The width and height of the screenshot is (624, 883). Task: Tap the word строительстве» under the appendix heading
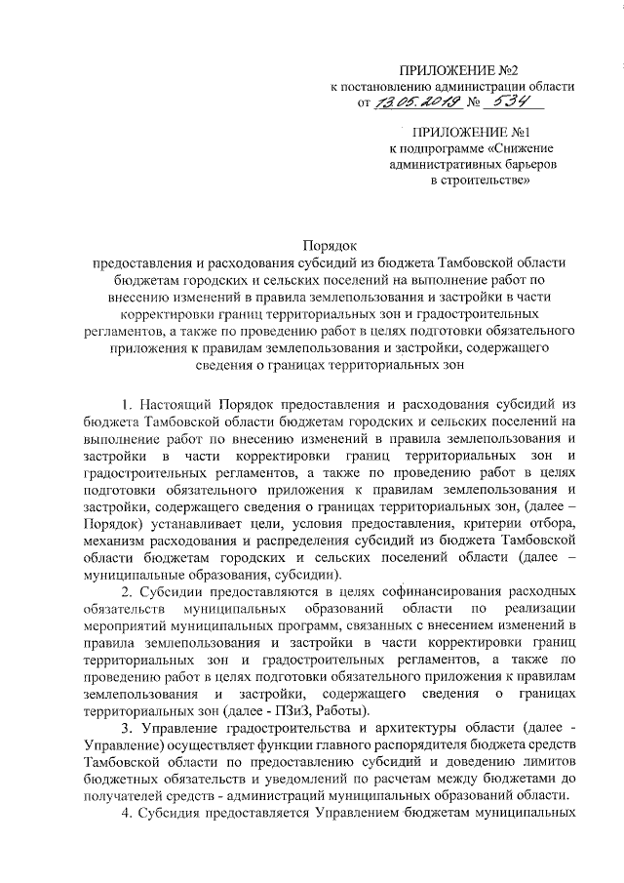click(x=481, y=181)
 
